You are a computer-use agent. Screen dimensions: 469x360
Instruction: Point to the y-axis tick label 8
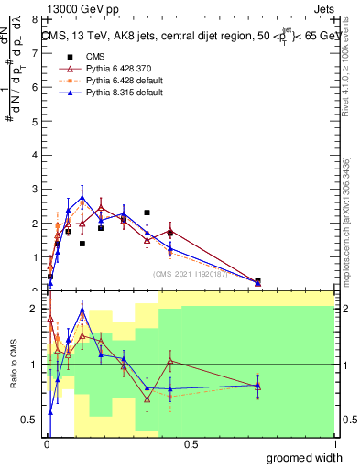pos(35,18)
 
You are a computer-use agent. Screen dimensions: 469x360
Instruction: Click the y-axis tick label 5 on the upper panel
pos(35,120)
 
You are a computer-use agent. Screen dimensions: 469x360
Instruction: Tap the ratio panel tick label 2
pos(35,309)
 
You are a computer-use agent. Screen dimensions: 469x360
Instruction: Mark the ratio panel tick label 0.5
pos(30,419)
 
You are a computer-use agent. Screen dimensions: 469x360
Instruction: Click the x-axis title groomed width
pos(306,457)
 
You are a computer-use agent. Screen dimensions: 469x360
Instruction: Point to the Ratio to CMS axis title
pos(14,364)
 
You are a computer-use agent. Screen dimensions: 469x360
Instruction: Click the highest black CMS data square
pos(147,213)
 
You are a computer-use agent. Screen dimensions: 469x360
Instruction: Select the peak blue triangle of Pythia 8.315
pos(82,197)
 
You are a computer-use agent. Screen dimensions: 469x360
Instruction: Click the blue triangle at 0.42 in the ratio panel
pos(169,389)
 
